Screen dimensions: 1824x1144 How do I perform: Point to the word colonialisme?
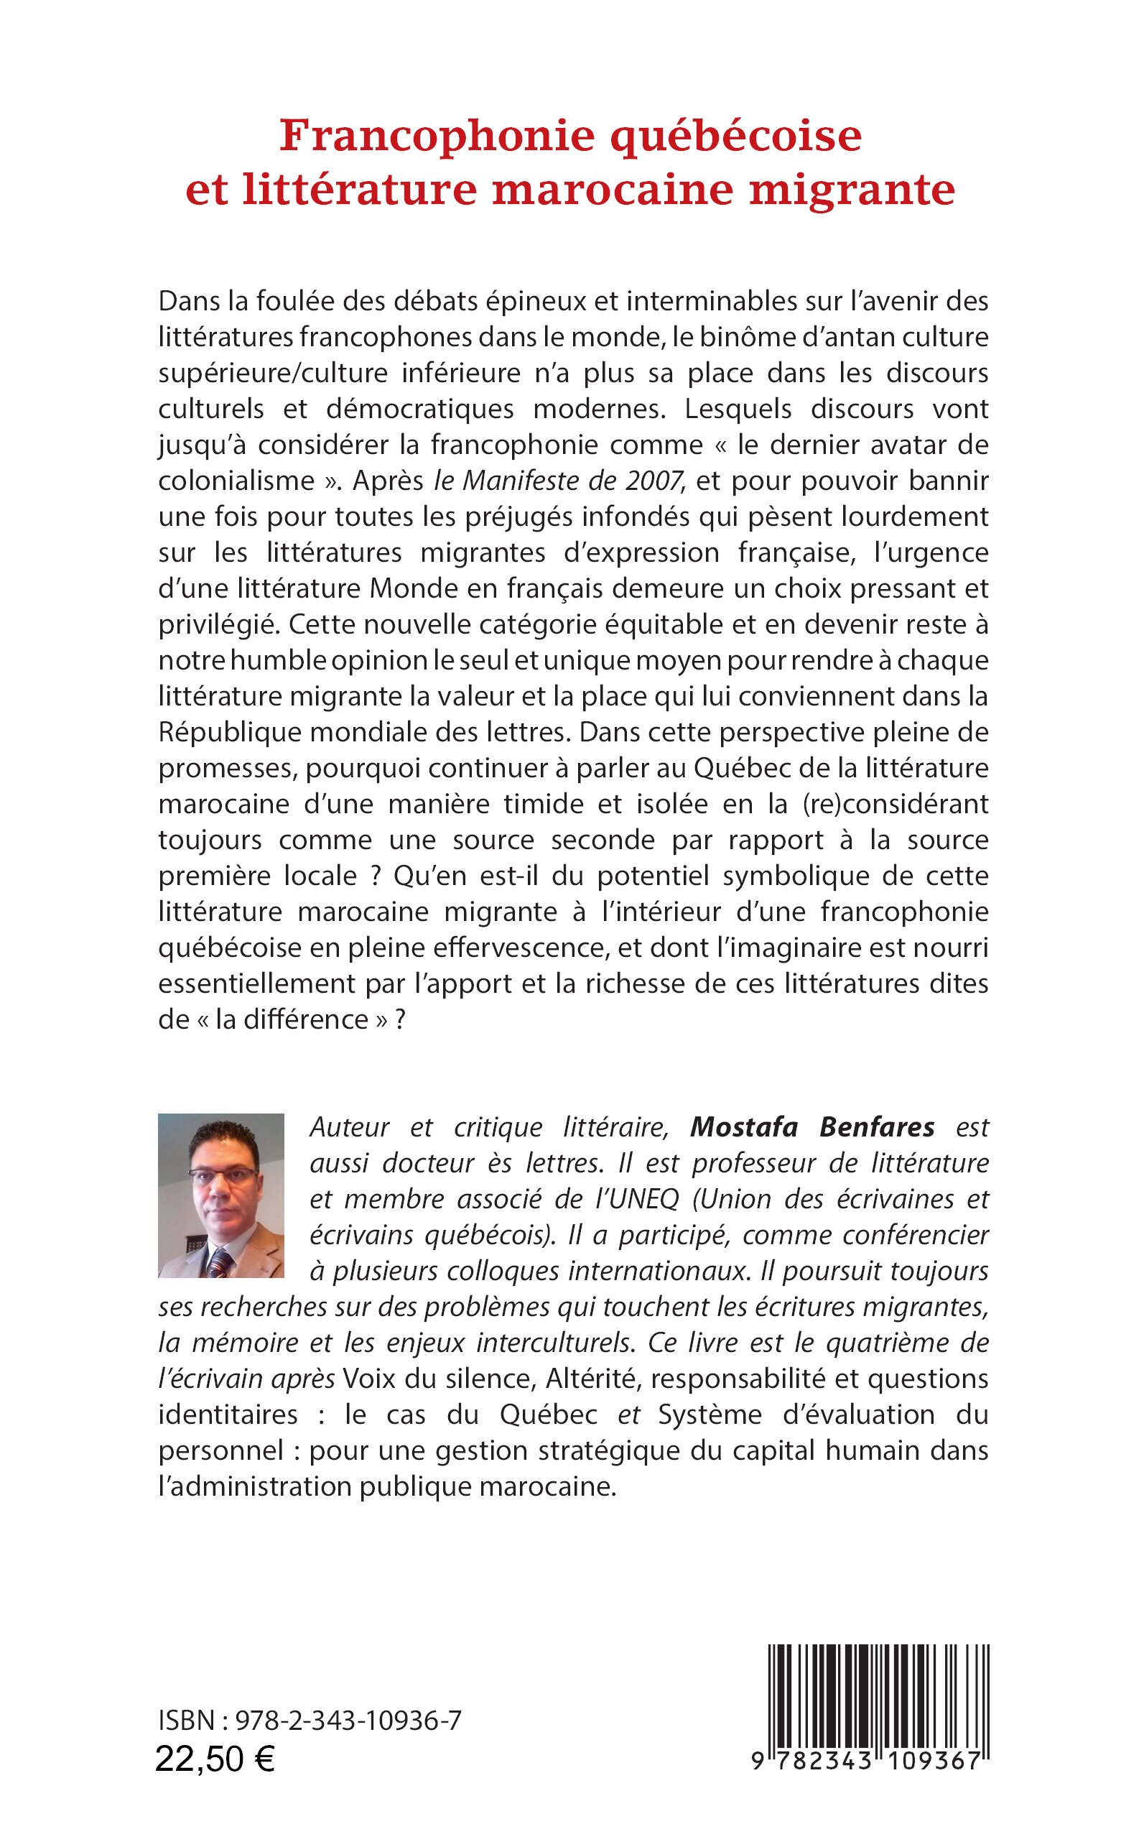[x=236, y=481]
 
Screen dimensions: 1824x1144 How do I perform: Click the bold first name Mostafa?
[x=744, y=1128]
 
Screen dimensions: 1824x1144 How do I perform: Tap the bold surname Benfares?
[x=877, y=1128]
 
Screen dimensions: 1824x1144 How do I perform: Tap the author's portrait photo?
[x=221, y=1195]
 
